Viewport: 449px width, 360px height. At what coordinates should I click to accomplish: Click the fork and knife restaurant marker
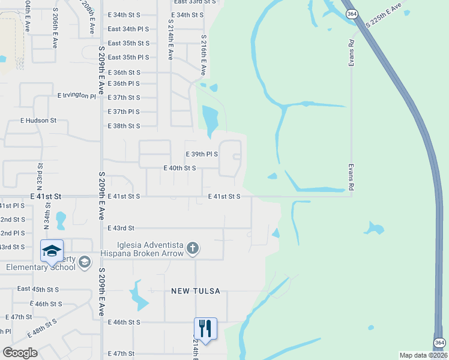(205, 328)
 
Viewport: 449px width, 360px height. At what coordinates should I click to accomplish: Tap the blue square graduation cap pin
(52, 250)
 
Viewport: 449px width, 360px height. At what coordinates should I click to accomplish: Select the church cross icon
(192, 248)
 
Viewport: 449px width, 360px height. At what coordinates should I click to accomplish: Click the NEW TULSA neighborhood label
(196, 291)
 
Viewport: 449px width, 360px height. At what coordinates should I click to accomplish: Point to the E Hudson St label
(32, 120)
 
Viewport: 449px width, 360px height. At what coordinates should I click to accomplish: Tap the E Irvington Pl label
(77, 96)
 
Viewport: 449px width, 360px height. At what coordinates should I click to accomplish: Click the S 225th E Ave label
(383, 16)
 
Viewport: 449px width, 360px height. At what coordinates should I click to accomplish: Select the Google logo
(20, 353)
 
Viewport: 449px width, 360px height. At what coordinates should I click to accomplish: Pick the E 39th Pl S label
(202, 154)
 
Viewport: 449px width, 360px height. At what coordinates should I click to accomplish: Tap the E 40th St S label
(180, 168)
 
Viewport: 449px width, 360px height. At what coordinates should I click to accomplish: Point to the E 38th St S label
(124, 126)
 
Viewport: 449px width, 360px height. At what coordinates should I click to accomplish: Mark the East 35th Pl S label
(128, 57)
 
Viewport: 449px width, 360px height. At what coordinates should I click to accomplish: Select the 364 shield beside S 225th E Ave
(354, 13)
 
